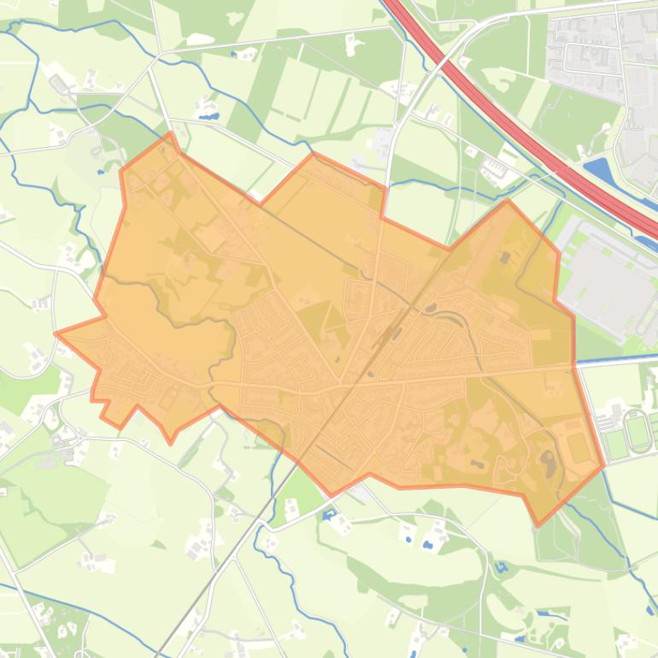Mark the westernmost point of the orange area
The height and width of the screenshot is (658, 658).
coord(56,334)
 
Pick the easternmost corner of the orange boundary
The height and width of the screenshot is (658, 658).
coord(604,466)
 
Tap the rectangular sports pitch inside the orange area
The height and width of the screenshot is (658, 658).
coord(579,447)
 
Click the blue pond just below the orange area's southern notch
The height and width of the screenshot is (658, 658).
coord(330,514)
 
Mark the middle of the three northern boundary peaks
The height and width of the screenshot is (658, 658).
coord(313,155)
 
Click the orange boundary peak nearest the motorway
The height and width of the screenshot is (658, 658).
coord(508,202)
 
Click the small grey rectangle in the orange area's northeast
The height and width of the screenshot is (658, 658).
coord(504,257)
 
